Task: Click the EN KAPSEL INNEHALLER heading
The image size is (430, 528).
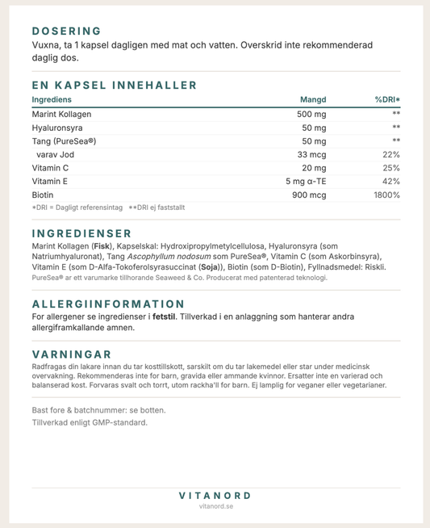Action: point(114,85)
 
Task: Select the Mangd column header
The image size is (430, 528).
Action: point(313,99)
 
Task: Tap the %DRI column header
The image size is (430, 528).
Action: point(387,99)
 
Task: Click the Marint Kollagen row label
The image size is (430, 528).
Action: point(61,114)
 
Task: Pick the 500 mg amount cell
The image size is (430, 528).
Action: point(311,114)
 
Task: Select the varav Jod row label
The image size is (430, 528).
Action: point(55,154)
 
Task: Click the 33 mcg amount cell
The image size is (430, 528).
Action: point(311,154)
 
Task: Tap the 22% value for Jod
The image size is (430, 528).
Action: point(391,154)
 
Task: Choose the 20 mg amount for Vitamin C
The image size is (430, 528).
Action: point(314,168)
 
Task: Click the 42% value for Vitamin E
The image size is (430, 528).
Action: point(391,182)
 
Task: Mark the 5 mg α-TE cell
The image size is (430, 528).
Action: point(306,182)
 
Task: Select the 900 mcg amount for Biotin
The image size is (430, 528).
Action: point(309,195)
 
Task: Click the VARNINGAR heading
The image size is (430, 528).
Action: point(71,354)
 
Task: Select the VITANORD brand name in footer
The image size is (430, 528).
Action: point(215,495)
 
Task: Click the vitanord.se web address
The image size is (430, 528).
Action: point(215,507)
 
